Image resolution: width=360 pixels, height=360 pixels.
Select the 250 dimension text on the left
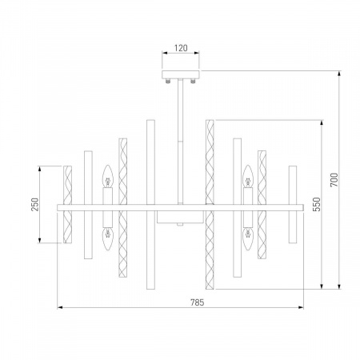[34, 205]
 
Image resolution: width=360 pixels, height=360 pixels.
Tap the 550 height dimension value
[318, 204]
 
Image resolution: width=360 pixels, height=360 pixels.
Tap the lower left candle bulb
[105, 237]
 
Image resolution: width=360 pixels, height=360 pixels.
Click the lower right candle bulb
[248, 237]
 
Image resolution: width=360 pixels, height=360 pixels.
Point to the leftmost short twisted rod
[68, 206]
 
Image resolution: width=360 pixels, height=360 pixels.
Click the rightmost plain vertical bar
[293, 206]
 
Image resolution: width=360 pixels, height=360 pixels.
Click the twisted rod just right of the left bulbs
[123, 206]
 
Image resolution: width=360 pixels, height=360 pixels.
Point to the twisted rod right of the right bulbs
[262, 206]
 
